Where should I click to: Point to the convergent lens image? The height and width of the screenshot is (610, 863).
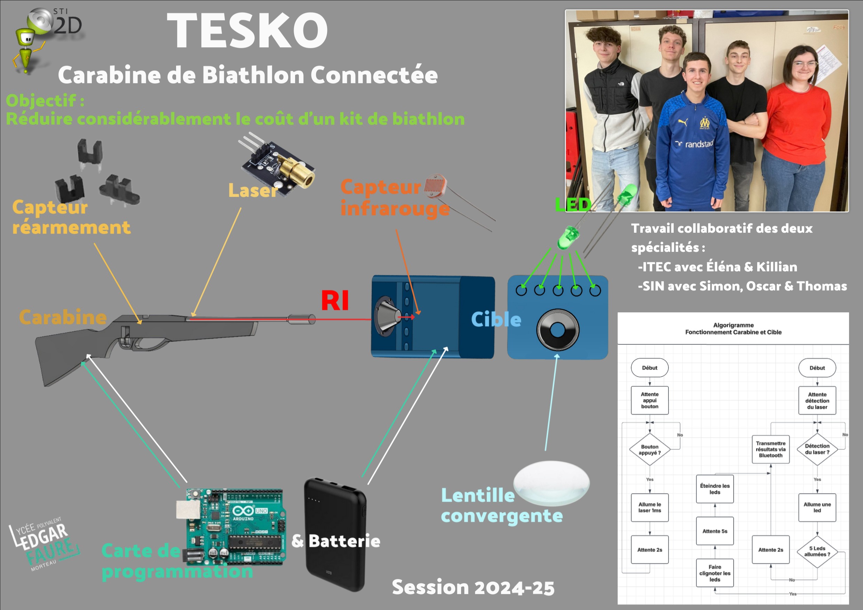[552, 483]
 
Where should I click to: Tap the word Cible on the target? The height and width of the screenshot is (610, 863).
[496, 320]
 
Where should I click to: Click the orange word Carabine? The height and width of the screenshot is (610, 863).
[63, 318]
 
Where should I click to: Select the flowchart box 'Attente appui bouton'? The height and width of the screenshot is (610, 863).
[649, 400]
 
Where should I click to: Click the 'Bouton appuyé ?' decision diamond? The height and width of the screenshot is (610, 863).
[649, 450]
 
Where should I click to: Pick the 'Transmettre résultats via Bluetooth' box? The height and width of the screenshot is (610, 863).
[770, 449]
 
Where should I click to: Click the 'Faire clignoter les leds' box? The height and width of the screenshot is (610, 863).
[714, 573]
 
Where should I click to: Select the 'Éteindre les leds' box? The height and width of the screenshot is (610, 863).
[714, 489]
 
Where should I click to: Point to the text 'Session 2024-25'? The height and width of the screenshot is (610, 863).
[473, 587]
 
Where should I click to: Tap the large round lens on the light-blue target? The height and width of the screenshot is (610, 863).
[557, 330]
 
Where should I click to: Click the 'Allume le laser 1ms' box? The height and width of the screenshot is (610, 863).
[649, 507]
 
